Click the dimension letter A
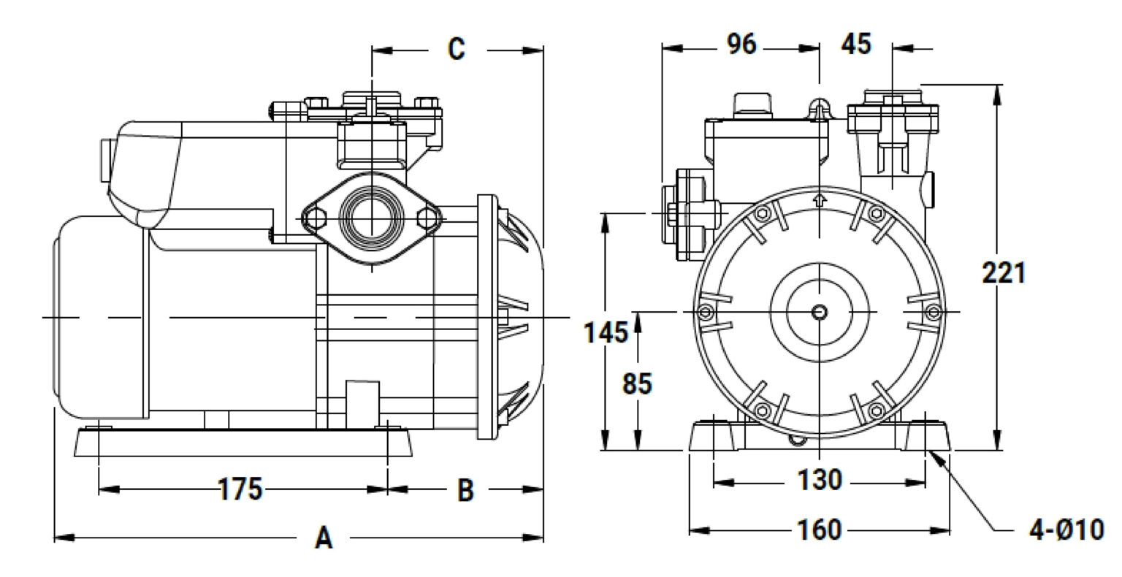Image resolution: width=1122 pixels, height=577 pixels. [x=324, y=538]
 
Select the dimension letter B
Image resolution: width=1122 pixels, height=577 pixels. [x=465, y=490]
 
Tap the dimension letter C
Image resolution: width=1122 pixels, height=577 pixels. [x=457, y=49]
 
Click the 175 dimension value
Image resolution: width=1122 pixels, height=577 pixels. [x=240, y=489]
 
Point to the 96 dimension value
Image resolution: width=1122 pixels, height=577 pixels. [x=742, y=44]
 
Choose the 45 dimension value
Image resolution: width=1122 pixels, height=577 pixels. [x=856, y=44]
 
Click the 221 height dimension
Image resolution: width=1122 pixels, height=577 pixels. [x=1004, y=273]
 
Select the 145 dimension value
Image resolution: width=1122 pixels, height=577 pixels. [x=606, y=332]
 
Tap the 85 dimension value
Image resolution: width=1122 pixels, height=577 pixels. [x=637, y=384]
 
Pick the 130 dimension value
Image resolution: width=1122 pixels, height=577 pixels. [x=820, y=480]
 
